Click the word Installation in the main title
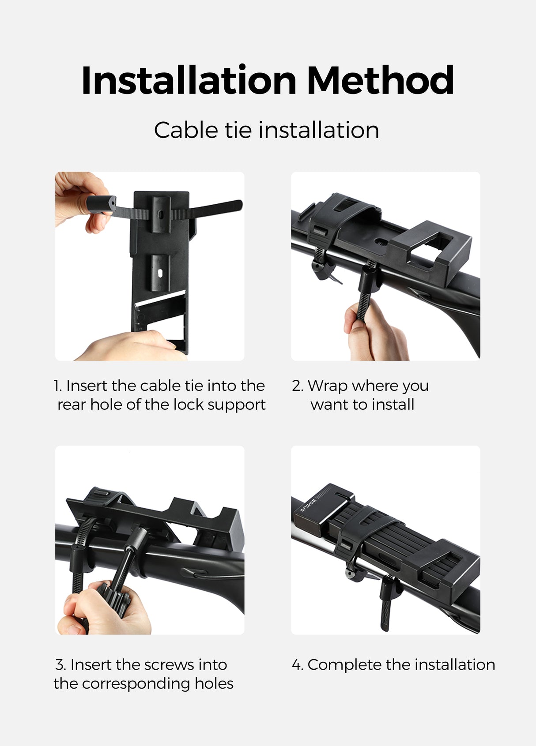(x=189, y=80)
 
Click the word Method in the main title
(x=380, y=80)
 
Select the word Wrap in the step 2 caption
(x=327, y=386)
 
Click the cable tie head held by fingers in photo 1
(x=101, y=205)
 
